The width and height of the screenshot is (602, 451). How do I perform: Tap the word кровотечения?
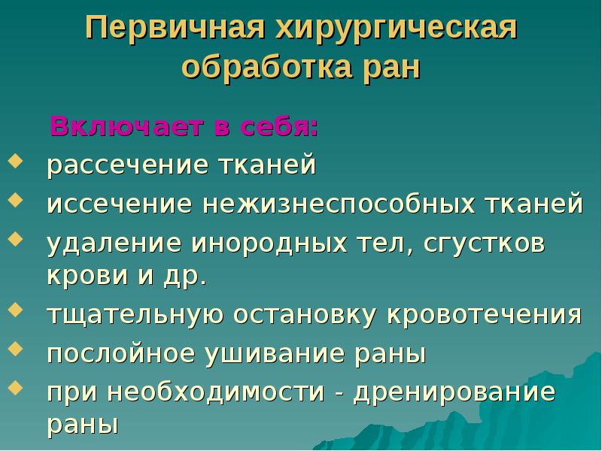tap(485, 313)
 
